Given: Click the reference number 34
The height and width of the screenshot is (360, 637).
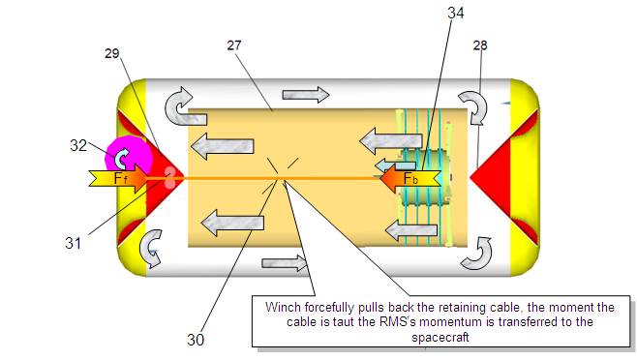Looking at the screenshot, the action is (x=455, y=13).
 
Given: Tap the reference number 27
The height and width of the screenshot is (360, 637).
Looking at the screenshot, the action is (x=234, y=45).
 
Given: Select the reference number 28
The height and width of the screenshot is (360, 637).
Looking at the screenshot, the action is (x=480, y=45).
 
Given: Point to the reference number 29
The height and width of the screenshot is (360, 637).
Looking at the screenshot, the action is (x=111, y=53).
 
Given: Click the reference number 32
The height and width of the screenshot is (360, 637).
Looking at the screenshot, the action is (x=78, y=145).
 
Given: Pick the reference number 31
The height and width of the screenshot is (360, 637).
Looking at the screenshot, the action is (x=74, y=243).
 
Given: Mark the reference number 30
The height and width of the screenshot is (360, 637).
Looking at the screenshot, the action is (x=196, y=340).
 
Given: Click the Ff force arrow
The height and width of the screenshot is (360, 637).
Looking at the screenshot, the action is (x=118, y=178).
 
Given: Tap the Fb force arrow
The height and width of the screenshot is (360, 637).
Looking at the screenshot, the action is (x=410, y=178).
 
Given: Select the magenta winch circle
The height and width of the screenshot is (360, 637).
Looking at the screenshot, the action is (x=129, y=155).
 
